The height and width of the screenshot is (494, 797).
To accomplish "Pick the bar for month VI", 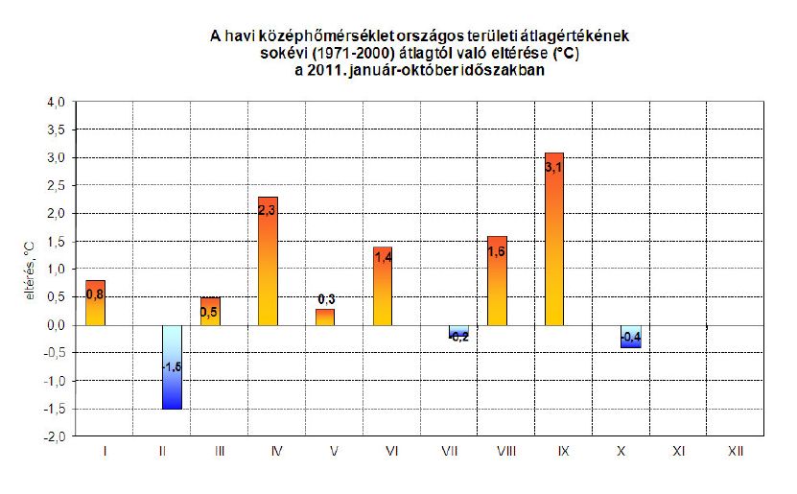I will (x=383, y=288).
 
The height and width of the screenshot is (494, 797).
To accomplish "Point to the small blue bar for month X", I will (x=630, y=337).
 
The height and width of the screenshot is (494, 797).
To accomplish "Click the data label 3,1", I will (x=554, y=168).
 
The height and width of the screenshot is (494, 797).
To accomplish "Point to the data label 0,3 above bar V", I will (x=325, y=299).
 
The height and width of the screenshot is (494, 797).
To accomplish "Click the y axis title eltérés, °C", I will (x=30, y=271).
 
